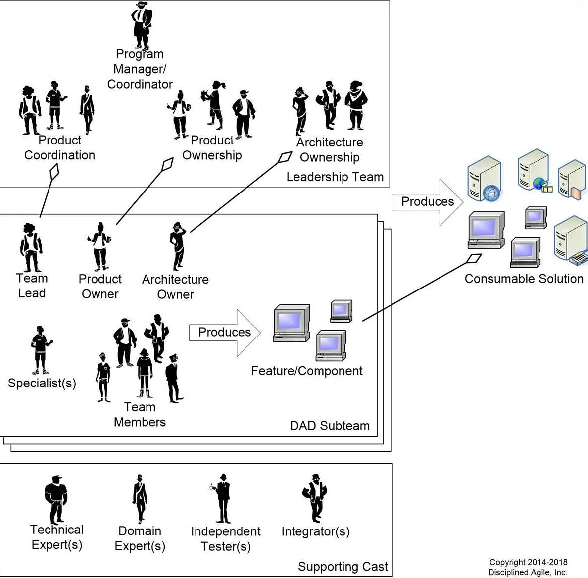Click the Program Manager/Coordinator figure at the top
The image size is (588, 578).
pos(142,25)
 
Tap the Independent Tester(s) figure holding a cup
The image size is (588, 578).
pos(223,498)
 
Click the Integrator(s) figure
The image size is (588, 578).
pos(315,498)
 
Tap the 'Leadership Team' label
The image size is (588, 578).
pos(335,177)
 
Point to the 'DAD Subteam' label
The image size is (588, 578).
pos(330,426)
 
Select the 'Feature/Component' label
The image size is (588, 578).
pos(307,371)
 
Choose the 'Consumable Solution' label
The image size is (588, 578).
pos(524,279)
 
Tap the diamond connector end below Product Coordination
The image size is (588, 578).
pos(54,172)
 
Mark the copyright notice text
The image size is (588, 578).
pos(528,567)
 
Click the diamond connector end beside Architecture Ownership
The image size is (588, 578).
pos(285,157)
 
